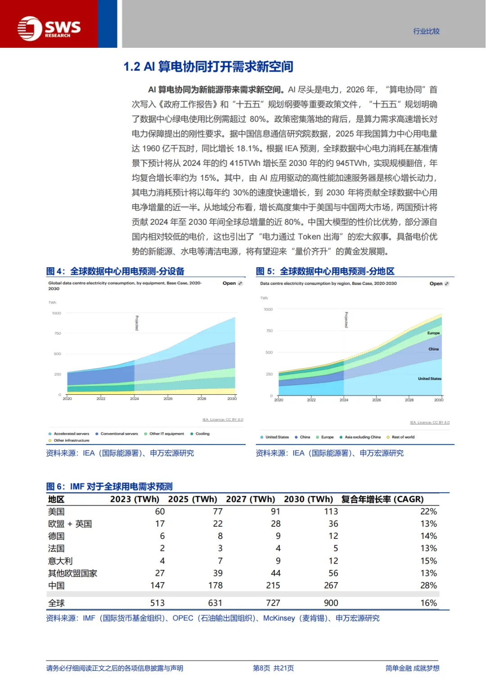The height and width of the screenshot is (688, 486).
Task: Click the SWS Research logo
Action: (x=49, y=28)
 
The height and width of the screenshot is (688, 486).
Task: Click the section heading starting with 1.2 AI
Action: (x=208, y=67)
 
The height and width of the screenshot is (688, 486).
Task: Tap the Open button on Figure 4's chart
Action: (x=232, y=283)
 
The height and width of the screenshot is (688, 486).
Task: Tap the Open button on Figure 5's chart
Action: (x=439, y=284)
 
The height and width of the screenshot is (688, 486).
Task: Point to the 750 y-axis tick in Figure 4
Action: (x=58, y=333)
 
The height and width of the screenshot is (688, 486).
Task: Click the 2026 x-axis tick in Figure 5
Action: (x=377, y=400)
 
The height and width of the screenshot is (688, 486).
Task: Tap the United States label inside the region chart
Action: (x=429, y=379)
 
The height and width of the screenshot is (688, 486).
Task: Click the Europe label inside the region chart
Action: (x=433, y=333)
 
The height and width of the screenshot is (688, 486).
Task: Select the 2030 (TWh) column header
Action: (x=308, y=499)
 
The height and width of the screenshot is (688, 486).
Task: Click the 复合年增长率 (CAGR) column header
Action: (x=382, y=499)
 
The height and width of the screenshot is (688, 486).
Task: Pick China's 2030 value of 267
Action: (x=331, y=585)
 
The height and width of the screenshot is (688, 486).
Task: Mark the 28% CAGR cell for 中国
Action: (x=428, y=585)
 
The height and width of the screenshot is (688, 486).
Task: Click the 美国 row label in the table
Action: (x=56, y=511)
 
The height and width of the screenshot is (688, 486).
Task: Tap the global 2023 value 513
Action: (x=157, y=603)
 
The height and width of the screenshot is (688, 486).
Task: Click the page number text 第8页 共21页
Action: (x=273, y=668)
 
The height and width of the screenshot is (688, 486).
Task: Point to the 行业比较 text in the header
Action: (x=426, y=31)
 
